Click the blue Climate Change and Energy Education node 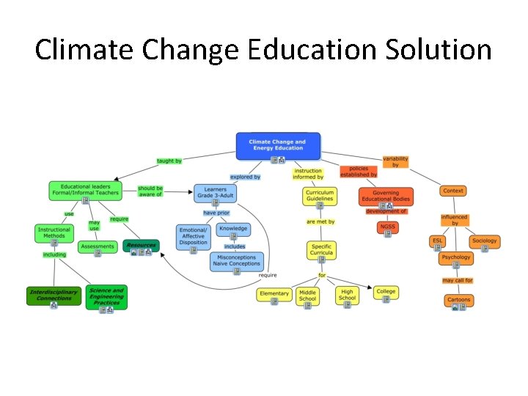point(278,145)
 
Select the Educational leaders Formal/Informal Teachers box point(85,190)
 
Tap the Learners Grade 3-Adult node point(215,193)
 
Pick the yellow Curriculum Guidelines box point(320,195)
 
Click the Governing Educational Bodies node point(386,196)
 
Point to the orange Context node point(453,191)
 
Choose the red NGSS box point(388,227)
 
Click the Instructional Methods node point(54,232)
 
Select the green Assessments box point(98,247)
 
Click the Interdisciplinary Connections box point(54,296)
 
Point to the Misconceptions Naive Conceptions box point(237,262)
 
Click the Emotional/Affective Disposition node point(194,236)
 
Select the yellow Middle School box point(308,296)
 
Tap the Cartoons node point(459,301)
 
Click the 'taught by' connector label point(169,161)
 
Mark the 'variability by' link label point(395,161)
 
